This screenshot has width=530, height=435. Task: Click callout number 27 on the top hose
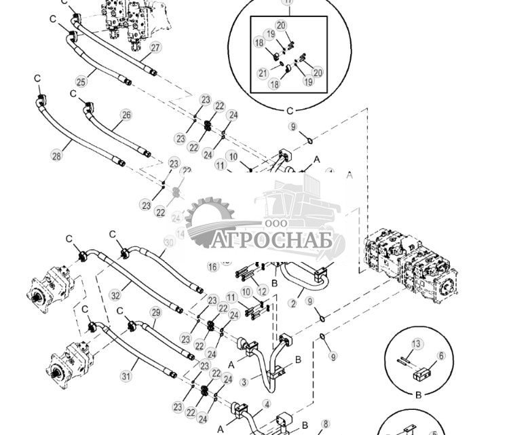point(155,48)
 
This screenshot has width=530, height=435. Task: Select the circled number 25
point(81,82)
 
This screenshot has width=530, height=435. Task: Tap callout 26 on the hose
point(126,115)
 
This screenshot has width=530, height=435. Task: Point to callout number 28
point(56,155)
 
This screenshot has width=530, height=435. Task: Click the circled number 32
point(115,296)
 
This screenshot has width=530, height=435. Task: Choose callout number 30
point(169,242)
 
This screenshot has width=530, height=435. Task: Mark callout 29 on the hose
point(155,312)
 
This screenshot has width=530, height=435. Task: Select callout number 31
point(126,376)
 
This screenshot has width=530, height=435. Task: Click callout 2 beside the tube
point(293,303)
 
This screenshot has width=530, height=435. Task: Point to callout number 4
point(267,404)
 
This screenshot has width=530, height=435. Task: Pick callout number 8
point(325,424)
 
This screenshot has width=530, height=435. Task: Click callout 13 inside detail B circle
point(417,344)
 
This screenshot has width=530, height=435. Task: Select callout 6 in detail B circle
point(441,356)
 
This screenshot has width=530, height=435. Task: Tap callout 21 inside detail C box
point(263,73)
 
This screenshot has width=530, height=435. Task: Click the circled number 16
point(213,267)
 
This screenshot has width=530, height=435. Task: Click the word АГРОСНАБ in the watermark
point(278,241)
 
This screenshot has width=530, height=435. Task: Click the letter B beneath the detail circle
point(418,394)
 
